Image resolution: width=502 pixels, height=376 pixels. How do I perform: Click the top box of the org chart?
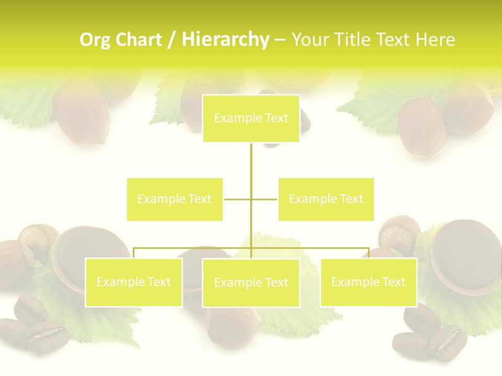[251, 119]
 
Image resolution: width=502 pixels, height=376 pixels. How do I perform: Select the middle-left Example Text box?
[175, 199]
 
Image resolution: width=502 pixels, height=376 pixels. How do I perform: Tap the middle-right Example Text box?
[326, 199]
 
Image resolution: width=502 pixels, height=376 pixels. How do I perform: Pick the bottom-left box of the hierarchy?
[133, 282]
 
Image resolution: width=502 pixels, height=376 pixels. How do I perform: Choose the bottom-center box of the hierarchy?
[251, 283]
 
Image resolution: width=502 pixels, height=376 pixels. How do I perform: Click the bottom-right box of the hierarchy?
[368, 282]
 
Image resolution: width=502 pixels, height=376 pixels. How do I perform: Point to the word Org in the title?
[96, 40]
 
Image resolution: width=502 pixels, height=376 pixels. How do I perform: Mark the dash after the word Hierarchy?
[280, 40]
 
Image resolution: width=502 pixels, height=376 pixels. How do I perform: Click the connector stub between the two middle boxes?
[251, 199]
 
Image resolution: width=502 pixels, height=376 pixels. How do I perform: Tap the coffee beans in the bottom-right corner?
[429, 334]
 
